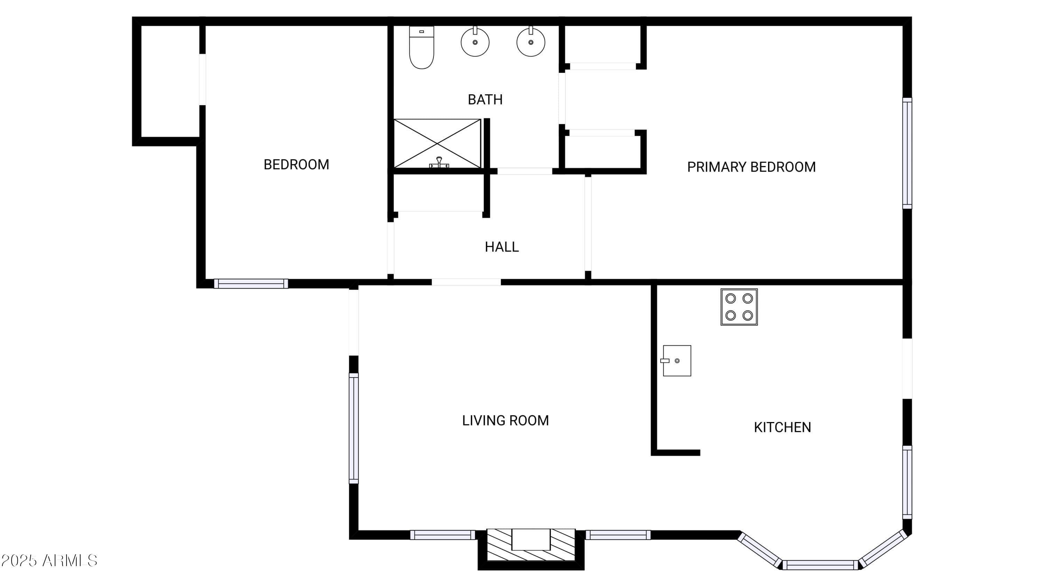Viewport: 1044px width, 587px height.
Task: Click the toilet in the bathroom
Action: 421,47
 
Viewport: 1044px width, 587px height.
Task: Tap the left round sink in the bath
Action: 475,42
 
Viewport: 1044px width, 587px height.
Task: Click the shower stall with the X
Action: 437,143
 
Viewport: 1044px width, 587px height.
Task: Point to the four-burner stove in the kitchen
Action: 739,307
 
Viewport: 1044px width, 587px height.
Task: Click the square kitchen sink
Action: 677,360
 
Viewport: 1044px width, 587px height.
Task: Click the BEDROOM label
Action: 296,165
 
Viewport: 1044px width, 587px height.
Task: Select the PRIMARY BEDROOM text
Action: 751,167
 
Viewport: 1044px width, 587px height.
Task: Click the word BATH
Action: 485,100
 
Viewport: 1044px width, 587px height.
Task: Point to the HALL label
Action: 502,247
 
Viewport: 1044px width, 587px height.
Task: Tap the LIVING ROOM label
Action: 505,420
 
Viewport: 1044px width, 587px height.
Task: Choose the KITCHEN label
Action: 782,427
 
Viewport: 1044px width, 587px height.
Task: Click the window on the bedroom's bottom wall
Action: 251,284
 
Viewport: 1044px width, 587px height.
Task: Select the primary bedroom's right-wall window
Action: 907,153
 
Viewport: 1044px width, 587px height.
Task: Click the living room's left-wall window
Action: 354,428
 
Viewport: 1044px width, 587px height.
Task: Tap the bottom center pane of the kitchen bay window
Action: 820,565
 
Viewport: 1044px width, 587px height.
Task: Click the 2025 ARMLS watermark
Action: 49,561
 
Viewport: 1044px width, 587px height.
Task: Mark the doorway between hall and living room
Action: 466,282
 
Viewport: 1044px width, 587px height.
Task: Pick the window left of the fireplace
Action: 443,535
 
